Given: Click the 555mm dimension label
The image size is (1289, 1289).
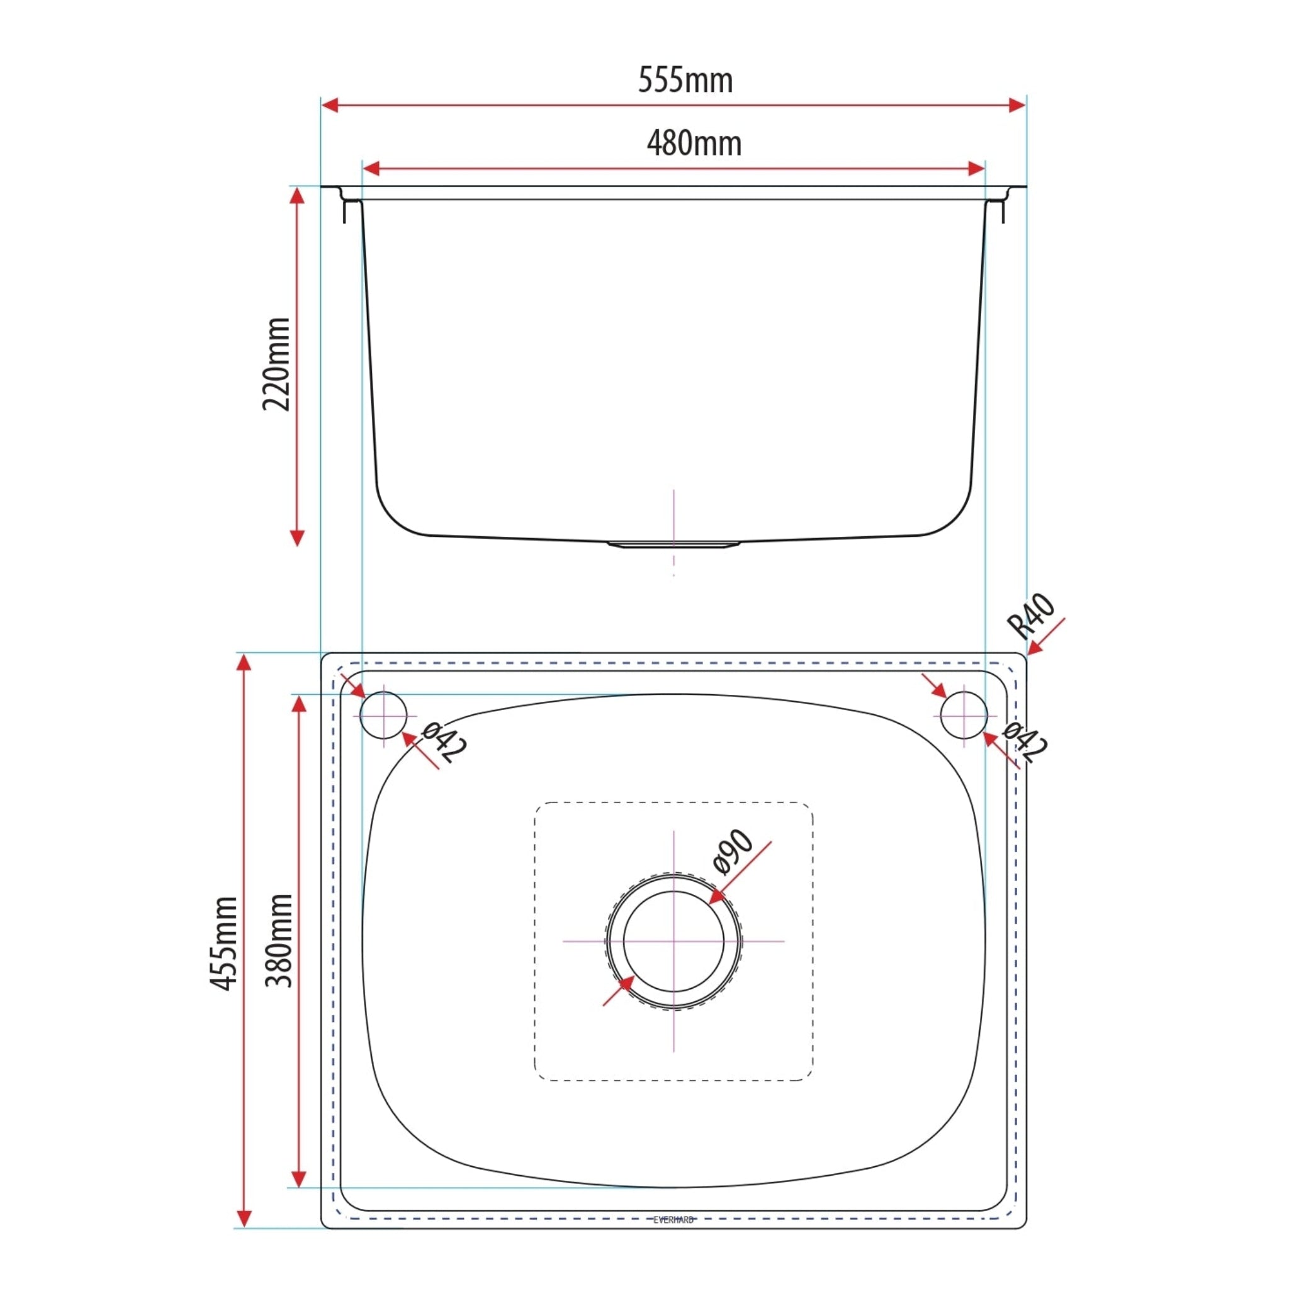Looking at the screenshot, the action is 685,80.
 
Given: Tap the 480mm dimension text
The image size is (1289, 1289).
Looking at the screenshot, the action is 694,144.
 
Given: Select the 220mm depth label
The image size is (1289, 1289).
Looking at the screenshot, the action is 276,364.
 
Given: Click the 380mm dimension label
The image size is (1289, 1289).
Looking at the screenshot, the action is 279,941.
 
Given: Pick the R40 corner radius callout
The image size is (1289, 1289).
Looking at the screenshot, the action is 1032,616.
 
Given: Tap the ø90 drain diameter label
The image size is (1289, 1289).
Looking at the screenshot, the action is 733,852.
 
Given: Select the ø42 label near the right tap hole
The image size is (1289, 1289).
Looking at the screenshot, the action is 1025,743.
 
